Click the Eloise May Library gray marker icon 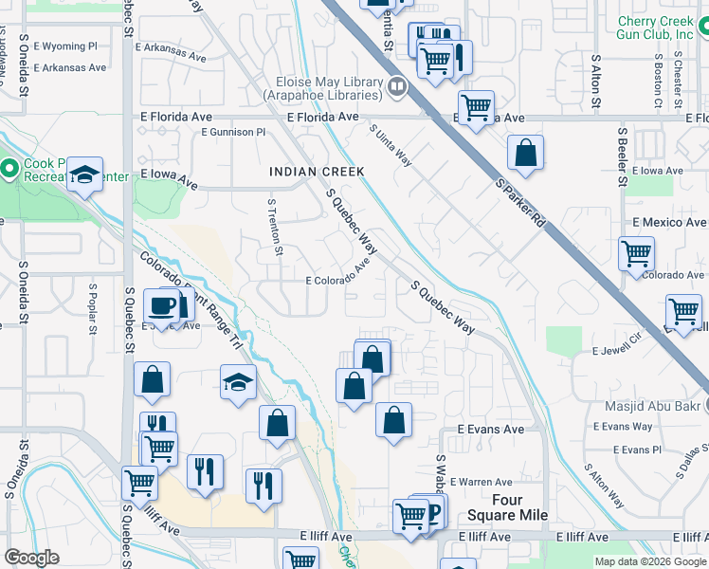click(397, 89)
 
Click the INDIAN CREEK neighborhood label click(317, 172)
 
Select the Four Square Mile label click(507, 507)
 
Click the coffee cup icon click(161, 306)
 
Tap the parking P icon click(434, 513)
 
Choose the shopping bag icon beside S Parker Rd click(525, 152)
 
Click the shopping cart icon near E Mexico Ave click(636, 252)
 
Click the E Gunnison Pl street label click(233, 133)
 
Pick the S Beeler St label click(623, 157)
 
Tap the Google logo click(32, 558)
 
